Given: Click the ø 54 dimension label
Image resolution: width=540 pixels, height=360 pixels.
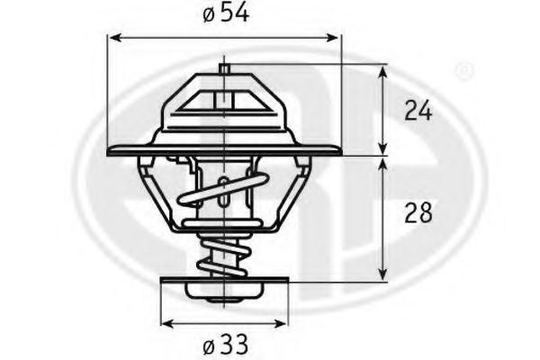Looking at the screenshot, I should point(224,15).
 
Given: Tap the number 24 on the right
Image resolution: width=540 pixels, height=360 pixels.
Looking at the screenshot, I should point(418,111).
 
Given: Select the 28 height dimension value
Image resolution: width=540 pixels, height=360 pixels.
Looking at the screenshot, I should point(418,213).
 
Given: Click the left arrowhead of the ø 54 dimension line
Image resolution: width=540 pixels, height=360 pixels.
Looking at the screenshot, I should point(113,38).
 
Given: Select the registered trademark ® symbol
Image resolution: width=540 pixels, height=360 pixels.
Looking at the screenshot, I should point(463,70).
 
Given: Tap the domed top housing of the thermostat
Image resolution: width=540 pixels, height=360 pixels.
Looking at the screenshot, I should point(223,103).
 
